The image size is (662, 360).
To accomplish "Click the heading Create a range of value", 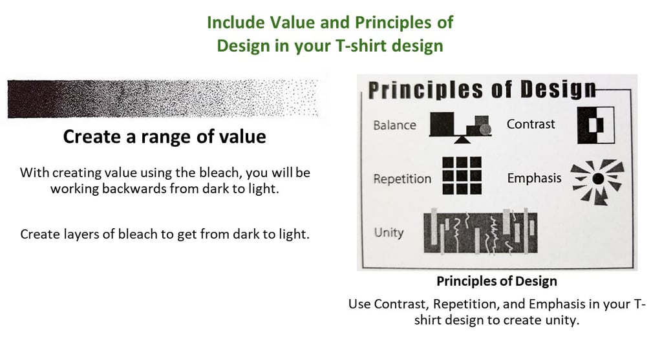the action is tap(165, 137).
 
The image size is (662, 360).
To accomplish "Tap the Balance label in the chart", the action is tap(395, 125).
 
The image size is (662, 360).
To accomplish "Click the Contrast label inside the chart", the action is tap(531, 124).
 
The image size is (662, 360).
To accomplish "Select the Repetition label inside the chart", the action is tap(402, 179).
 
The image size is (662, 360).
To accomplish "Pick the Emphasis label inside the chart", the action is tap(534, 178).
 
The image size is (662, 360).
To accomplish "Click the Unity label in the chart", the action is tap(389, 232).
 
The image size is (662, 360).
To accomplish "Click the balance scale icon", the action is tap(460, 127).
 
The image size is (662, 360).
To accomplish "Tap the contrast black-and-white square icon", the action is tap(596, 125).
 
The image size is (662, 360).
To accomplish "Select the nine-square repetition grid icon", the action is tap(462, 176).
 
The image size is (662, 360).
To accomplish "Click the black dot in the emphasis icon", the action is tap(598, 179).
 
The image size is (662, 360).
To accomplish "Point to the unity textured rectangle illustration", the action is tap(480, 232).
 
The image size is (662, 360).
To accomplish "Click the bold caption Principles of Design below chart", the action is tap(496, 281).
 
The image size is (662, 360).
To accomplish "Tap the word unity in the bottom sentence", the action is tap(561, 321).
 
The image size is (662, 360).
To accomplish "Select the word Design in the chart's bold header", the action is tap(558, 89).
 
